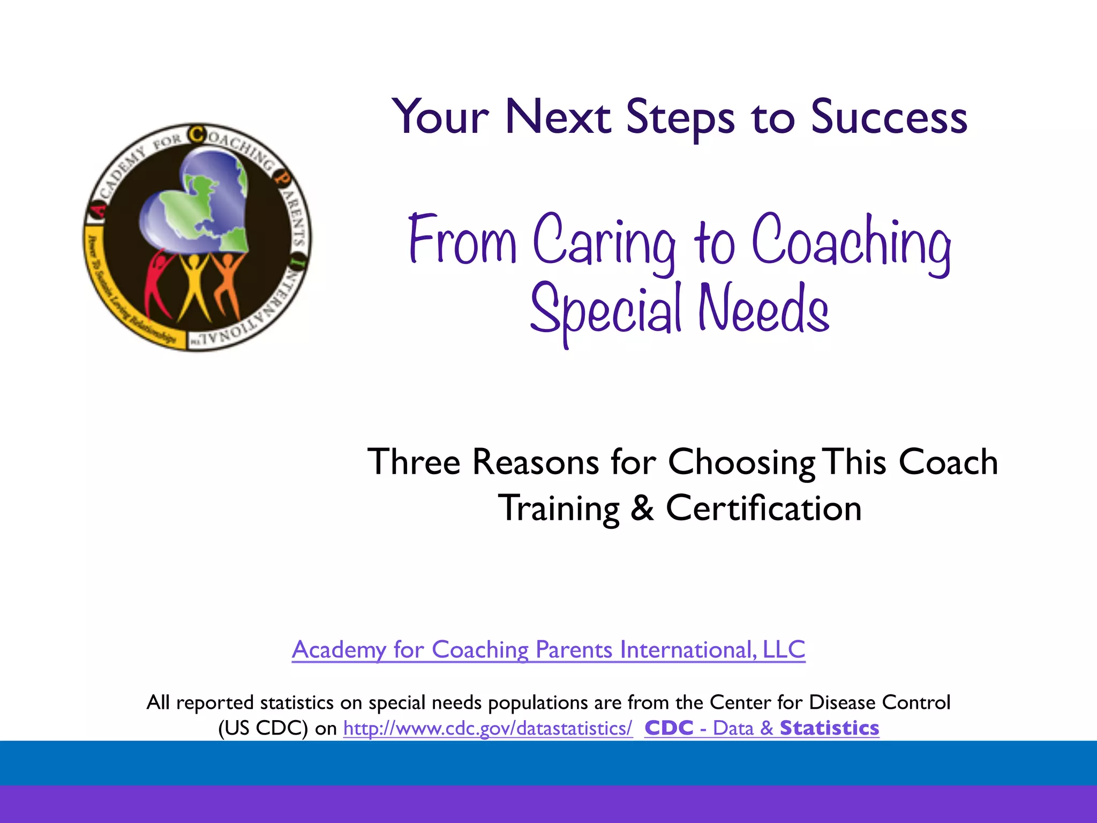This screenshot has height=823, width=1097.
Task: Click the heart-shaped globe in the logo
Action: coord(198,204)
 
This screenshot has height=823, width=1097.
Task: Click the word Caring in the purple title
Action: coord(604,244)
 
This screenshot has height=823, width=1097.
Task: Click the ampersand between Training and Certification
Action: coord(642,508)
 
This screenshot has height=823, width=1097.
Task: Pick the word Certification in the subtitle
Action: coord(763,508)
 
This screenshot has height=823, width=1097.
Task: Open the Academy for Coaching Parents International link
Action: coord(548,649)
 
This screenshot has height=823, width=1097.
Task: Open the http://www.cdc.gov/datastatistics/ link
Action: coord(487,728)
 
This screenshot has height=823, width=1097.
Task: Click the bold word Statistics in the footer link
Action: coord(829,728)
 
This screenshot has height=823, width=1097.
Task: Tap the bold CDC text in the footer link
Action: coord(669,728)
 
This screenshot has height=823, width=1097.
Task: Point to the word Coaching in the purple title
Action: coord(852,244)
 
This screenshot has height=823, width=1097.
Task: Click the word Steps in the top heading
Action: coord(680,118)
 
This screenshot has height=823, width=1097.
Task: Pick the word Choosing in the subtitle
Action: coord(742,462)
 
